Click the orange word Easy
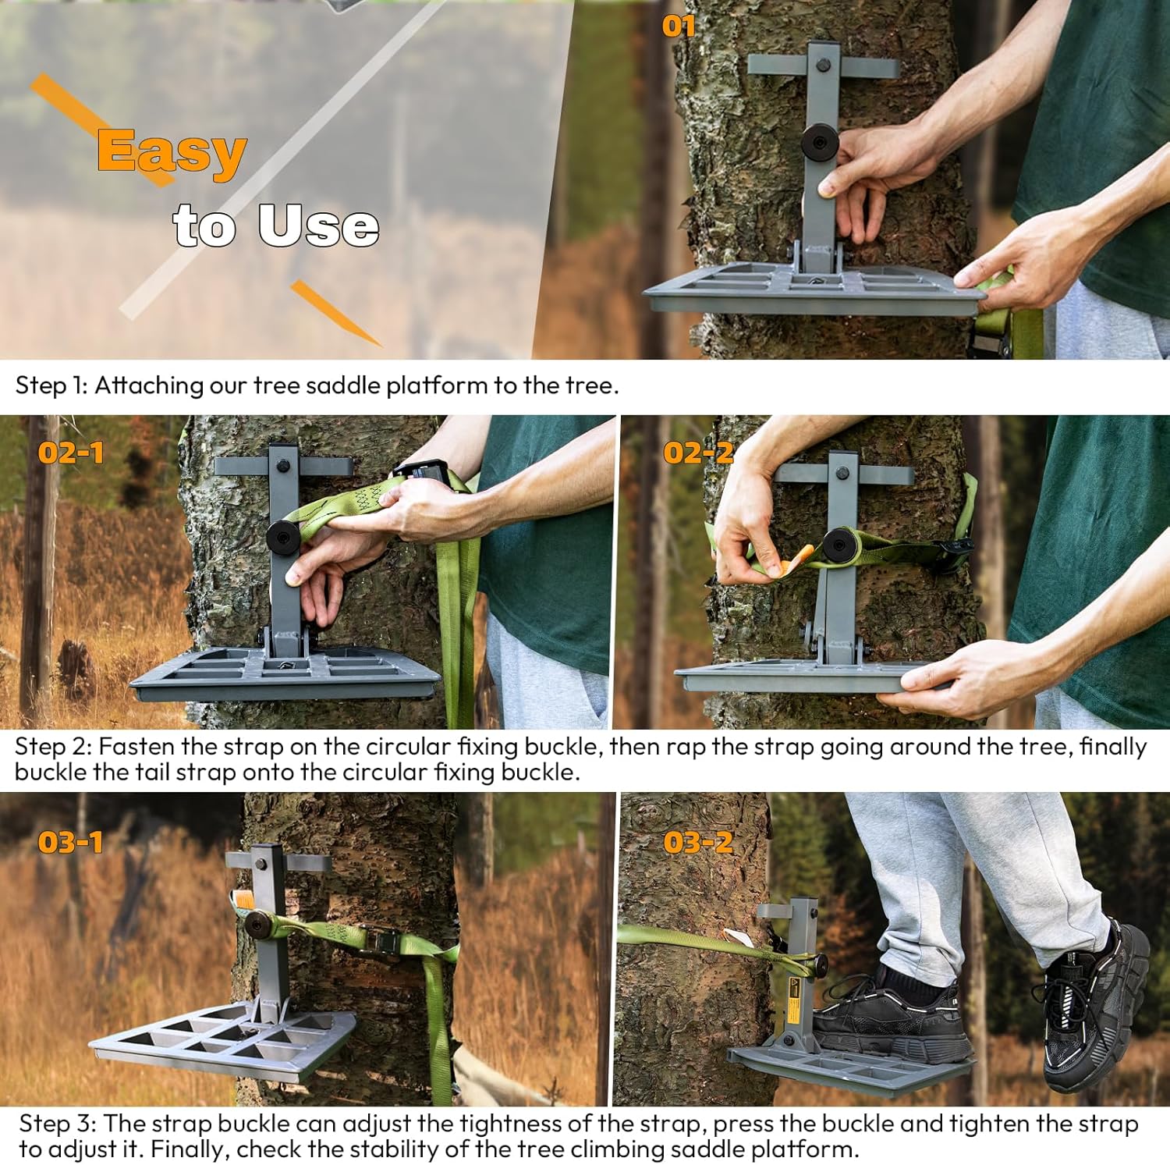172,152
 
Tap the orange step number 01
678,27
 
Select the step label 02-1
70,453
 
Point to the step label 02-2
698,453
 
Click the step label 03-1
70,842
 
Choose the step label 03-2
698,842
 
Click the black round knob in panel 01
820,143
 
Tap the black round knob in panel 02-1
283,538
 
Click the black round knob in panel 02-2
840,544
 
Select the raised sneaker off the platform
1096,1007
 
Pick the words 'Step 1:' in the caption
51,385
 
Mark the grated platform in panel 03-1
226,1042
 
